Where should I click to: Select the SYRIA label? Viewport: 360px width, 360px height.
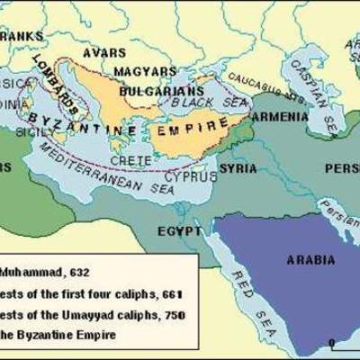point(238,168)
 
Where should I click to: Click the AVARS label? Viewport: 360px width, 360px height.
point(104,52)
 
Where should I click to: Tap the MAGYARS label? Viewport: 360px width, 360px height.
point(143,69)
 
